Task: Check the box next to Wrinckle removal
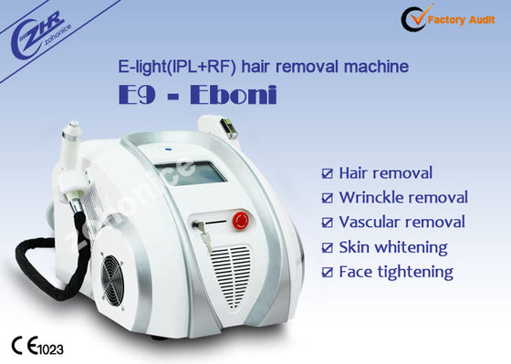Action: (x=328, y=198)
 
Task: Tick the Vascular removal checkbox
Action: (x=328, y=223)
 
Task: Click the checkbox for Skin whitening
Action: (x=328, y=247)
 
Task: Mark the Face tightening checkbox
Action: (x=328, y=272)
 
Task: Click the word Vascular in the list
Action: (x=370, y=223)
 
